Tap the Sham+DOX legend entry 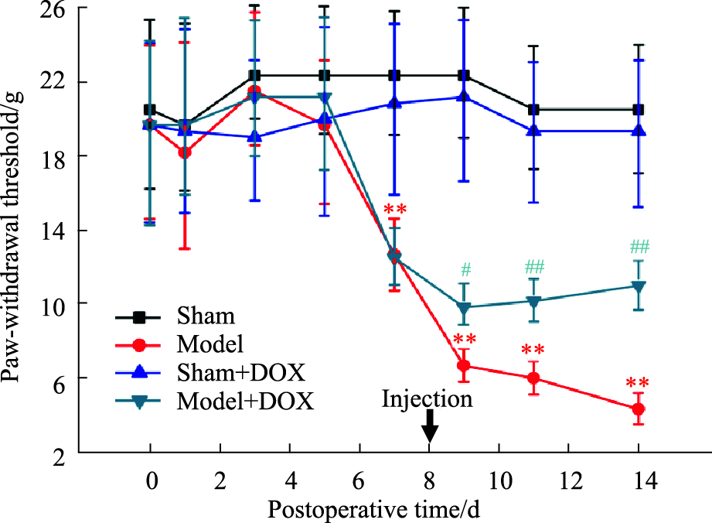239,373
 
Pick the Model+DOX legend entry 245,402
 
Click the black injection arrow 430,426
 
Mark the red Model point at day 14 639,408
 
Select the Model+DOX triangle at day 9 464,308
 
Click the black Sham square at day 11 534,110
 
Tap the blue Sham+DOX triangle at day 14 639,131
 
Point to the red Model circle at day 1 184,152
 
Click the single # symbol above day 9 465,270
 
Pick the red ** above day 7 394,210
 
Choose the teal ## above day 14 639,247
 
